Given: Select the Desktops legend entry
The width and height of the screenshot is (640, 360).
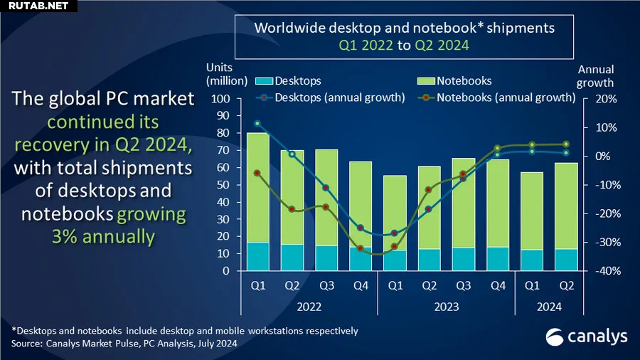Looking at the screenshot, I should pos(289,81).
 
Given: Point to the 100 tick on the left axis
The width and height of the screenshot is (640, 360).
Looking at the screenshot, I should pos(221,98).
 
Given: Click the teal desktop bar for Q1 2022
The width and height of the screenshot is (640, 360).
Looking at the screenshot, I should pos(257,257).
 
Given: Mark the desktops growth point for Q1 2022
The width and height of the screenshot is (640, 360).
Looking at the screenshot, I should pos(257,123).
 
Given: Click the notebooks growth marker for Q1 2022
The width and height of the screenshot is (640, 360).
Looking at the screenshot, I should pos(257,173).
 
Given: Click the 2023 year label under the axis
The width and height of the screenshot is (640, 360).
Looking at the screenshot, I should pos(445,307).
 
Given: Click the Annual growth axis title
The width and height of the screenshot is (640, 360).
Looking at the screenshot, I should pos(595,76).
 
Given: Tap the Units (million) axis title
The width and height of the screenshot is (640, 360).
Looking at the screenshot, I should pos(226,75).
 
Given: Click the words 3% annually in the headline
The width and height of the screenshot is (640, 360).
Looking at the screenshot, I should pos(102,236).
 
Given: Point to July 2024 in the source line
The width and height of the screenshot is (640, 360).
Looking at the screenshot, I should pos(213,344).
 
